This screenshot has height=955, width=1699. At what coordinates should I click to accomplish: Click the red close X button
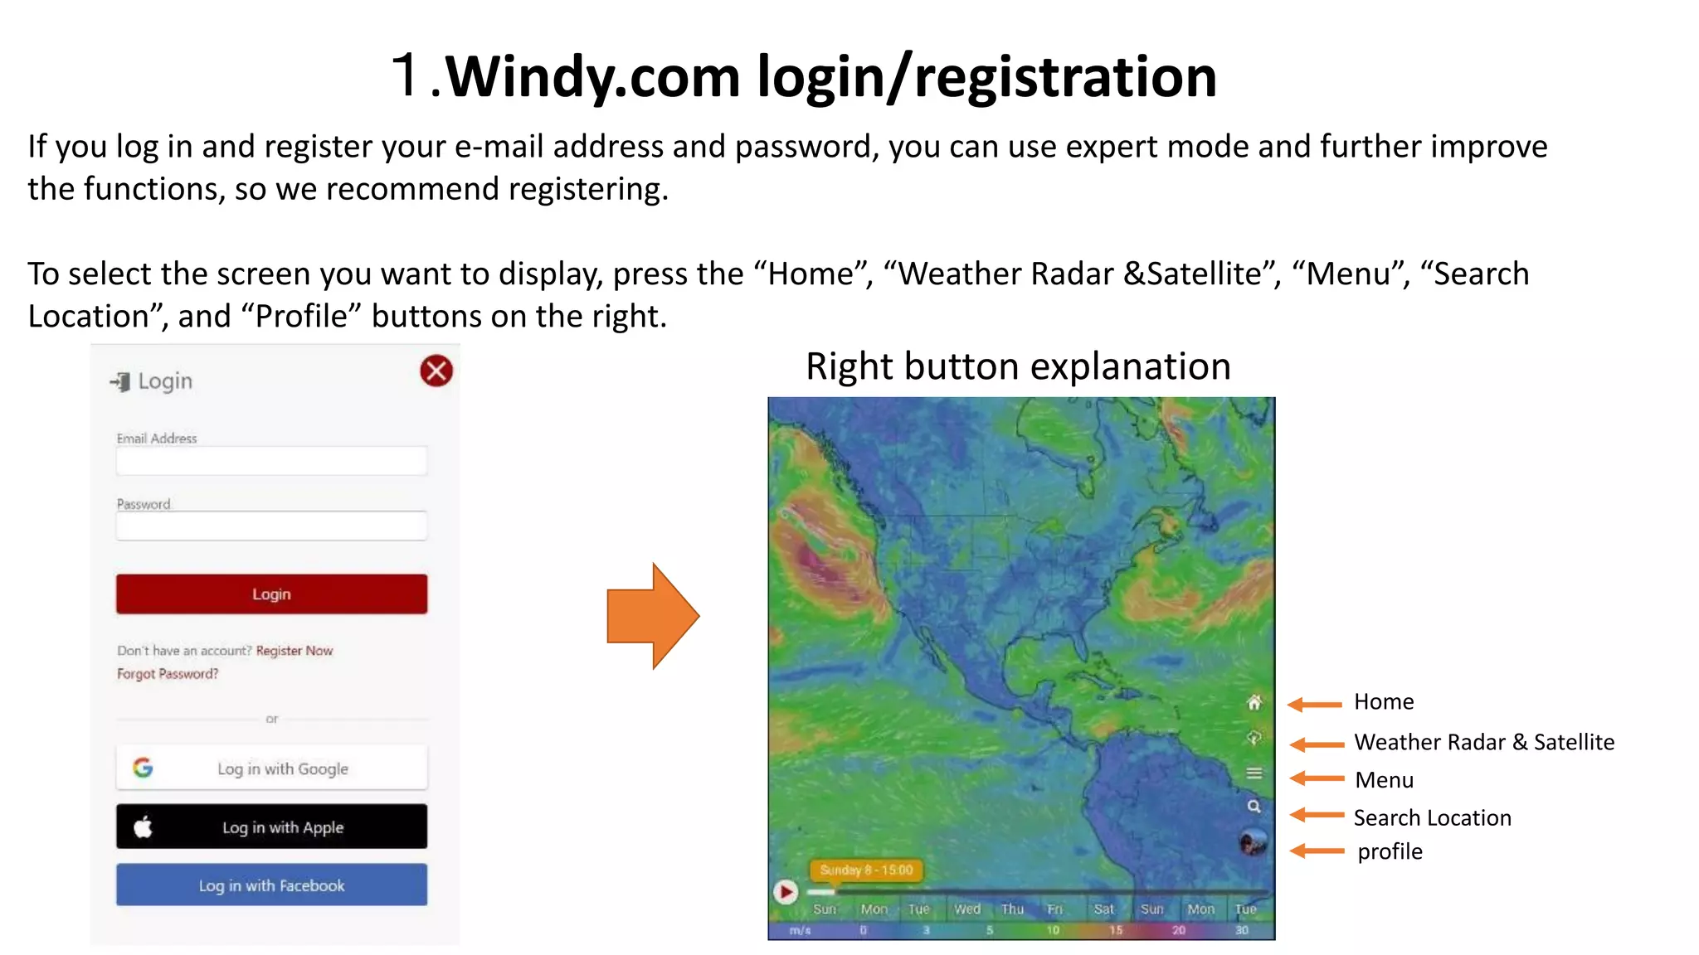(x=436, y=371)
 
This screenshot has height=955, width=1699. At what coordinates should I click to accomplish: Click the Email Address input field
(x=271, y=461)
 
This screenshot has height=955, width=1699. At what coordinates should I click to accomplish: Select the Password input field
(x=271, y=526)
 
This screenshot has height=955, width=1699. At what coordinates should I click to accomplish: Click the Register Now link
(x=294, y=651)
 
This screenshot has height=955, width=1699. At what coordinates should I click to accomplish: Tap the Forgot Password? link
(x=168, y=674)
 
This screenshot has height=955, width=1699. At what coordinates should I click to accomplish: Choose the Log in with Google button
(x=271, y=768)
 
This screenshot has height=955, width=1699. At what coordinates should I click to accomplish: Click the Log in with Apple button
(x=271, y=827)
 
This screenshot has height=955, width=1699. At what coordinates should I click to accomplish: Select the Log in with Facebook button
(x=271, y=885)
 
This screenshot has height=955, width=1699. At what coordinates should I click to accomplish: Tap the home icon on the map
(x=1254, y=703)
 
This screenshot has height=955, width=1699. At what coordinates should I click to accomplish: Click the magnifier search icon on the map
(x=1254, y=807)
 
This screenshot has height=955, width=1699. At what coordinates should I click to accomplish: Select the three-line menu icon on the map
(x=1254, y=773)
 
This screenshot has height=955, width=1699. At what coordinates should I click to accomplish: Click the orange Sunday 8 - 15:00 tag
(x=866, y=870)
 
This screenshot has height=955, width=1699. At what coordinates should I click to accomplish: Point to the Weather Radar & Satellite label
(x=1484, y=742)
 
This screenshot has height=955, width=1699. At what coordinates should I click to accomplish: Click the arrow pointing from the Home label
(x=1315, y=705)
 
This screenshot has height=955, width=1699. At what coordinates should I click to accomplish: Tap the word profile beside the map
(x=1390, y=851)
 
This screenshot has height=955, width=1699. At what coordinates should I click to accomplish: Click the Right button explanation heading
(x=1018, y=366)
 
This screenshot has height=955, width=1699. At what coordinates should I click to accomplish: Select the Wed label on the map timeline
(x=966, y=909)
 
